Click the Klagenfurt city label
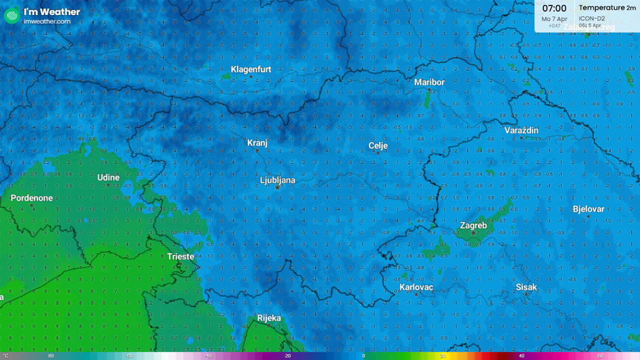pos(251,69)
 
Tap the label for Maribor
pos(429,82)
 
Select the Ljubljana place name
pos(278,180)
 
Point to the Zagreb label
pos(473,225)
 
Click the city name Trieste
pos(180,257)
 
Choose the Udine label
pos(108,178)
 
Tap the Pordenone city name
pos(32,198)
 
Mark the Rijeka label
pos(269,318)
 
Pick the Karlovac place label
pos(416,287)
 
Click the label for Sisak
pos(526,287)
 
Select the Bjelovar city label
pos(588,209)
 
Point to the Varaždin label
pos(522,130)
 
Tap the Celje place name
pos(378,146)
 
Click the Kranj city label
pos(257,143)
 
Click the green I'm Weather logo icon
pos(12,16)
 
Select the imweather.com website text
pos(47,21)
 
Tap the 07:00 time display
pos(554,8)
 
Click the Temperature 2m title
pos(607,7)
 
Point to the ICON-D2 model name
pos(592,18)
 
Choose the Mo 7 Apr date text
pos(554,19)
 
